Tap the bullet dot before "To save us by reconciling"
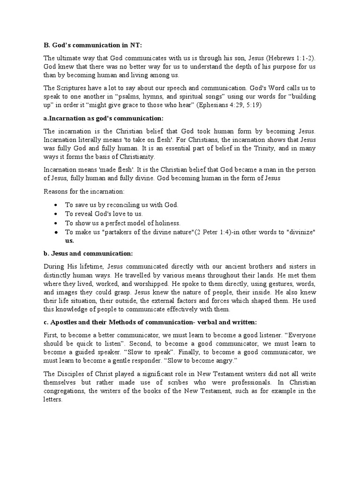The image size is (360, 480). (x=56, y=205)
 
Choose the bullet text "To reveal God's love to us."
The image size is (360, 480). (x=104, y=214)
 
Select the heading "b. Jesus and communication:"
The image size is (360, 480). (x=88, y=253)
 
